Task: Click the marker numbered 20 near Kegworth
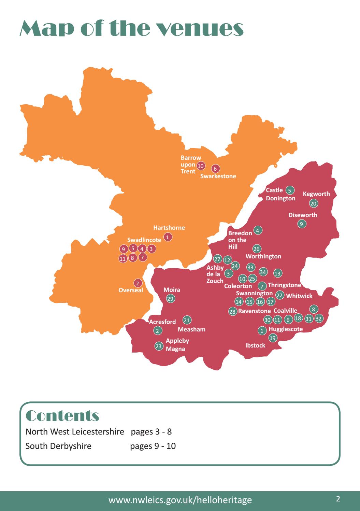314,203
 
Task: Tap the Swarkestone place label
218,176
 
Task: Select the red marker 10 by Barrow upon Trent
201,166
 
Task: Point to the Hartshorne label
169,228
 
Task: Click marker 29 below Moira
170,299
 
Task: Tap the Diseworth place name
303,215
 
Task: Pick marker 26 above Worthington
257,249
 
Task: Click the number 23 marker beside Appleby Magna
159,346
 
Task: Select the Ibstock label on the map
255,345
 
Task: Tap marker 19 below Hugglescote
273,338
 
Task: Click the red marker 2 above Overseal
137,283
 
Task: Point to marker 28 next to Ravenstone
232,311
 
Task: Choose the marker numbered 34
263,272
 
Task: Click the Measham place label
191,329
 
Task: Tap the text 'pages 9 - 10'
153,446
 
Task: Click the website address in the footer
180,500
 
